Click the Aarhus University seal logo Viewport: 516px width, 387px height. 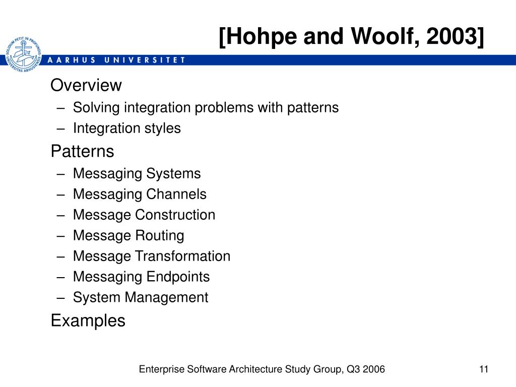[x=23, y=54]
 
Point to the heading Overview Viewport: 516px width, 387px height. [x=86, y=85]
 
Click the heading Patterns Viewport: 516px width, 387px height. [x=82, y=151]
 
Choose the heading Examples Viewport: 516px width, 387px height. [x=88, y=321]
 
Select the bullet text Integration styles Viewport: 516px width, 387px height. [x=126, y=128]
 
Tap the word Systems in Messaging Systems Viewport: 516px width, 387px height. [x=173, y=174]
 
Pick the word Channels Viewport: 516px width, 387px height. [x=176, y=194]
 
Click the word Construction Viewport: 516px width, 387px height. [x=175, y=215]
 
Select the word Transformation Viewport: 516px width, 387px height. [x=182, y=256]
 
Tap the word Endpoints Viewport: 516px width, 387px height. [x=178, y=277]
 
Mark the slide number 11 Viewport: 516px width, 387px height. [x=483, y=369]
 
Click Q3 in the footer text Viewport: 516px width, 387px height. [x=353, y=369]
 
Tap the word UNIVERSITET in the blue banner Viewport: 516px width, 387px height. [x=145, y=60]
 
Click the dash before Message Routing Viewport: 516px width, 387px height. [x=60, y=236]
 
